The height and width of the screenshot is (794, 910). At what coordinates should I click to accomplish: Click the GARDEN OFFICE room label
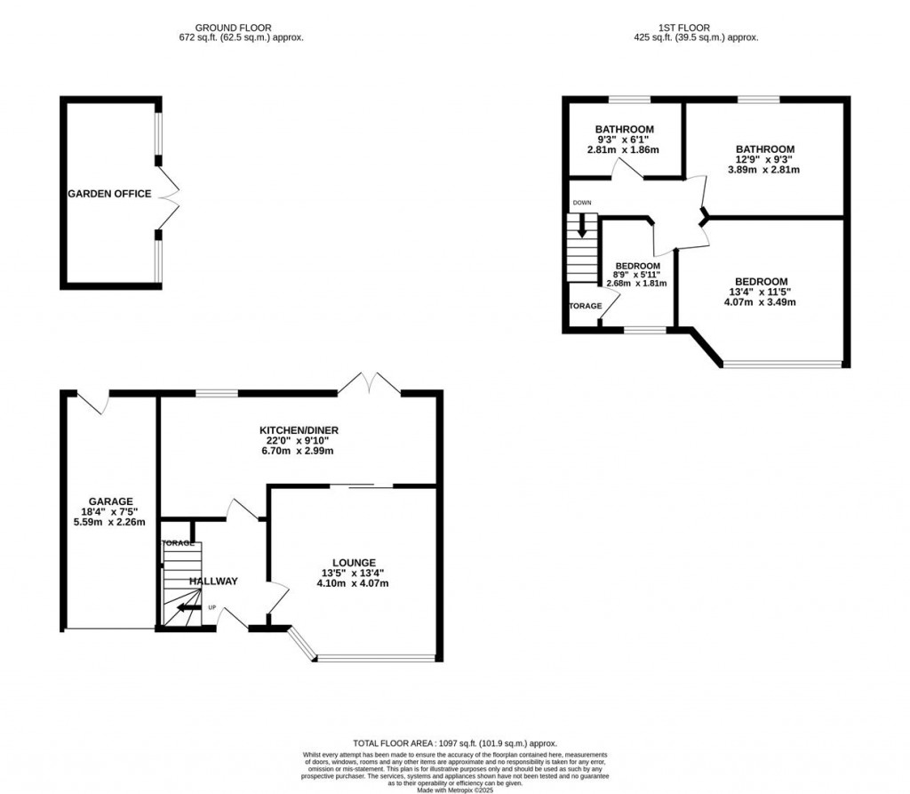[109, 194]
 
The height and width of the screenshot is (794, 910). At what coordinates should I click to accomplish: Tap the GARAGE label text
[110, 501]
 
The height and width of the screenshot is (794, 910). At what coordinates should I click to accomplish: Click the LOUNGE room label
[355, 563]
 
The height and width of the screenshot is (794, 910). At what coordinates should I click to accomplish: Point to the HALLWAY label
[213, 581]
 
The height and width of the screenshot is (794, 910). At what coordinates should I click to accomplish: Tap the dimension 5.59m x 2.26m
[110, 522]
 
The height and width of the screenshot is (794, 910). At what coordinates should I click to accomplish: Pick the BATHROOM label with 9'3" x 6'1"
[624, 129]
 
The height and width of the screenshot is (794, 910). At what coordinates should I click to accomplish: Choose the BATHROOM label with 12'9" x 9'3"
[764, 149]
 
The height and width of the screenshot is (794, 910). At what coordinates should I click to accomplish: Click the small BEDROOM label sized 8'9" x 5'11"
[637, 266]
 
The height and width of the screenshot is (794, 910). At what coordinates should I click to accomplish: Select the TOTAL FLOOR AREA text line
[454, 742]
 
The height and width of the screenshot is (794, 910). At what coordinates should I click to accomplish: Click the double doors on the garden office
[169, 194]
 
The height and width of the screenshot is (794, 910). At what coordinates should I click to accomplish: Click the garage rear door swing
[93, 402]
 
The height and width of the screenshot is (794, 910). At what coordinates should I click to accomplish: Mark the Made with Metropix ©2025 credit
[454, 787]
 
